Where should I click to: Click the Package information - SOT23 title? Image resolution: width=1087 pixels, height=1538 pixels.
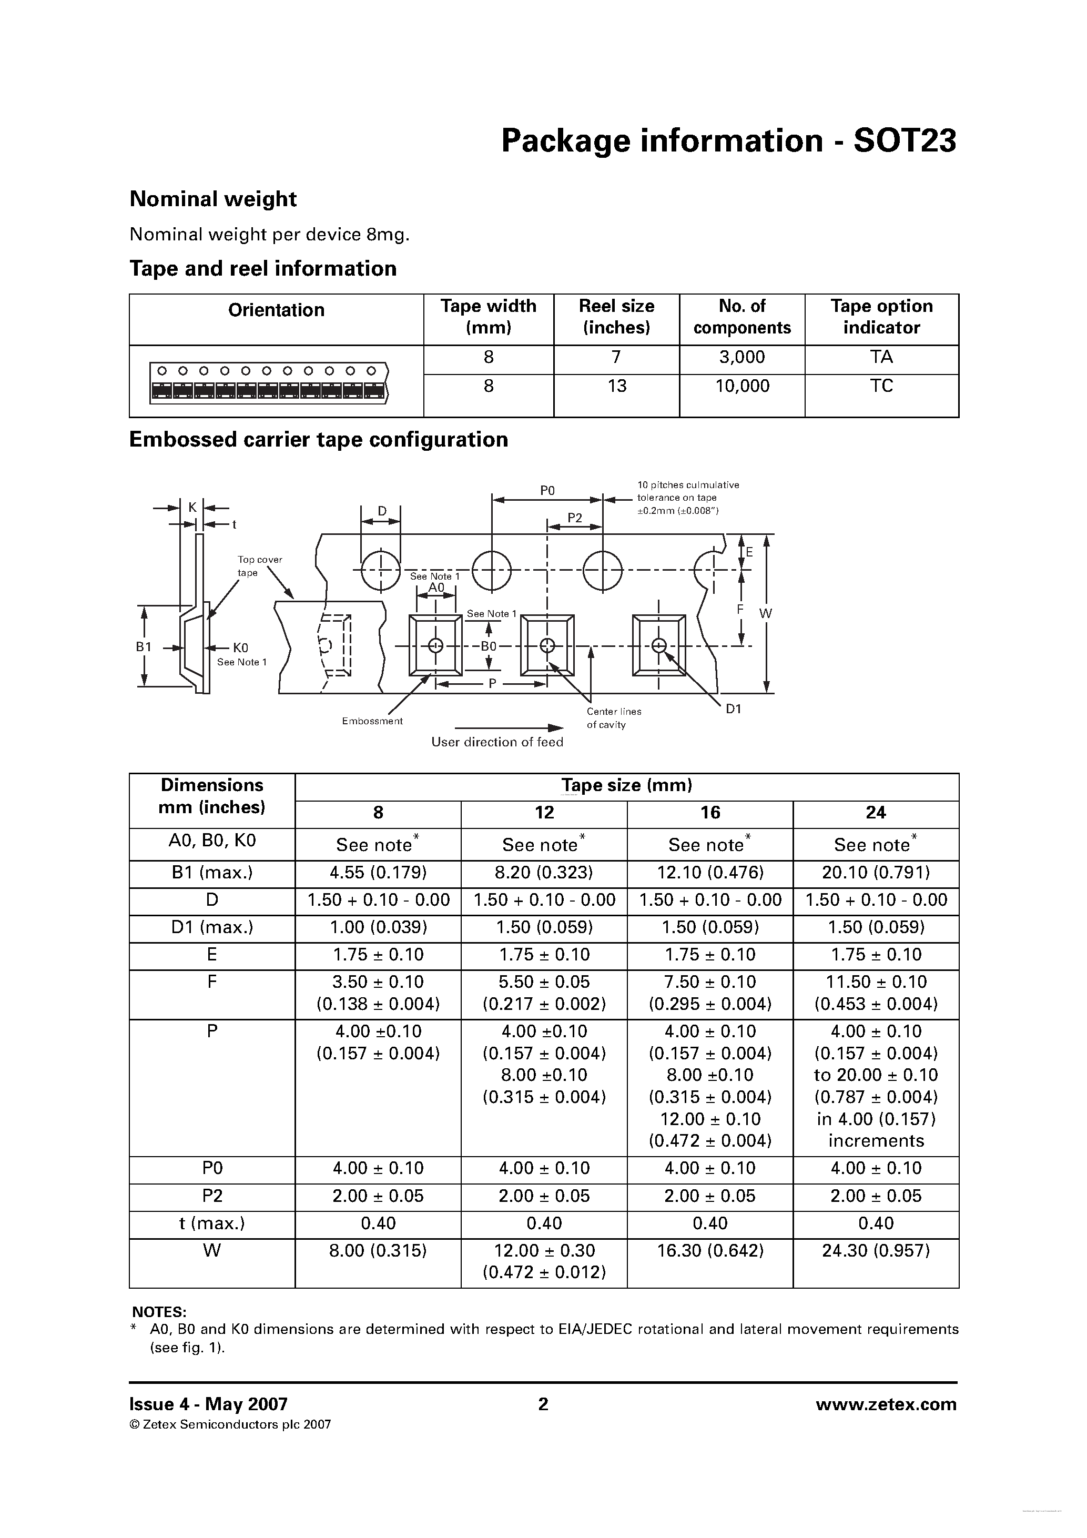tap(729, 141)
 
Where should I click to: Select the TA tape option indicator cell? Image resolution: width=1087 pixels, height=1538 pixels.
tap(881, 357)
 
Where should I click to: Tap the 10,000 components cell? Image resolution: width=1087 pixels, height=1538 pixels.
tap(742, 386)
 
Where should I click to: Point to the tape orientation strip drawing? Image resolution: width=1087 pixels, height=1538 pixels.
tap(269, 382)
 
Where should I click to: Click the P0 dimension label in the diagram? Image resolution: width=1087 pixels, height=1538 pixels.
tap(547, 490)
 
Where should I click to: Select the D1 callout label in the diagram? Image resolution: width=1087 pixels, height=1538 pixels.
tap(734, 709)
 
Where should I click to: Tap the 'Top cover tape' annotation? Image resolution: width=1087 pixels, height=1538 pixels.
tap(259, 566)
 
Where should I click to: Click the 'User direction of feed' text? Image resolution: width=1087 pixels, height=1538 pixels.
tap(497, 742)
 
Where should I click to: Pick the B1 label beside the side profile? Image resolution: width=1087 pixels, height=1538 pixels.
tap(144, 646)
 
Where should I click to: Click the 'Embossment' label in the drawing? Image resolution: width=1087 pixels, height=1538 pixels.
tap(372, 721)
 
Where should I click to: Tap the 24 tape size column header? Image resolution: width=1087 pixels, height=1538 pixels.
tap(876, 813)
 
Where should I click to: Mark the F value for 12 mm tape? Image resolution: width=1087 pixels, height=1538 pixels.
tap(544, 993)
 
